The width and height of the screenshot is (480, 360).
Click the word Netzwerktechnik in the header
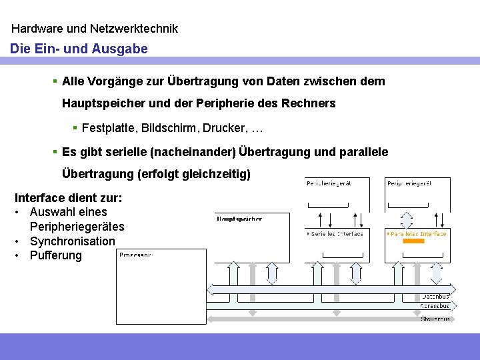click(137, 29)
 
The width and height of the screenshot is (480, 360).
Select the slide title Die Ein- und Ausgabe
click(79, 49)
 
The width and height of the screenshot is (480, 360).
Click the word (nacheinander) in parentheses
click(193, 152)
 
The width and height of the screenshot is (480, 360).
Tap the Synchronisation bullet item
click(72, 241)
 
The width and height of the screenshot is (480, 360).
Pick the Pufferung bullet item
click(55, 255)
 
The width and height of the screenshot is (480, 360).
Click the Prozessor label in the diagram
click(136, 255)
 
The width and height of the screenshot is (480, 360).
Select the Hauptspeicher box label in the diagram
click(239, 219)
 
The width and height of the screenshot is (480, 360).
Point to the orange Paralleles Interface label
click(418, 234)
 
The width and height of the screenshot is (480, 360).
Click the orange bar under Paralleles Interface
click(414, 241)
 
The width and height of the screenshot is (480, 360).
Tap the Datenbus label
click(435, 296)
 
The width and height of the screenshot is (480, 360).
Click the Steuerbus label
click(435, 319)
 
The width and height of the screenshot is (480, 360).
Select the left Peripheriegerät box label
click(328, 183)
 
